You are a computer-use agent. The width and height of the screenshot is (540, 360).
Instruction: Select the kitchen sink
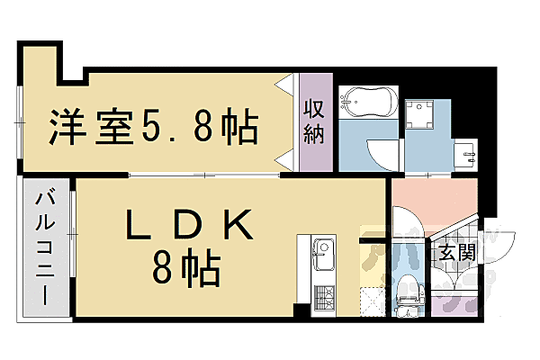[322, 249]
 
